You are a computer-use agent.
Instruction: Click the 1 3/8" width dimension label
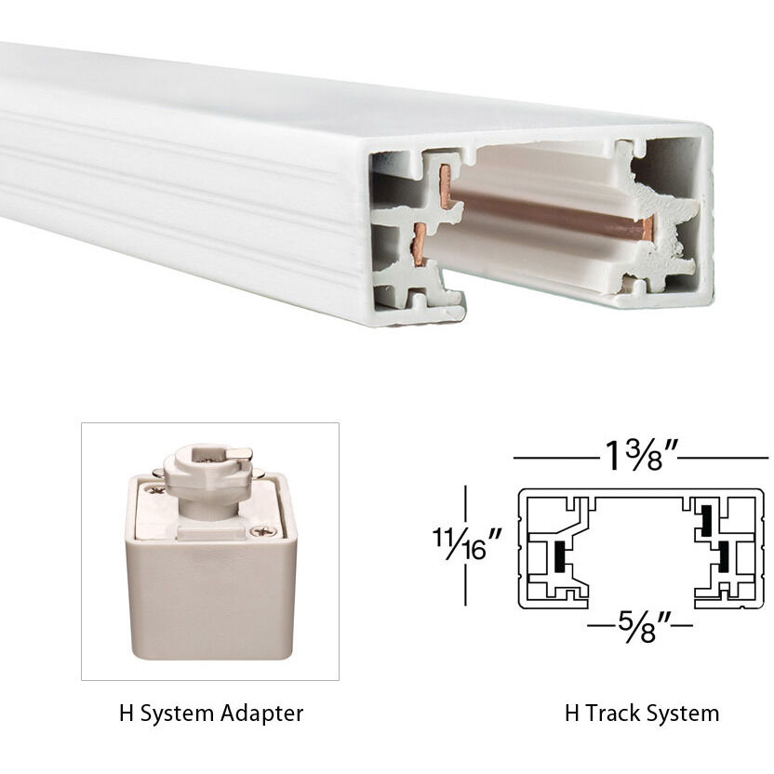(x=638, y=457)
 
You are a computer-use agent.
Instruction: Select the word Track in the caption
(x=607, y=714)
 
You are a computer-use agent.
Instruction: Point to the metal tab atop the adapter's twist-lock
(x=237, y=453)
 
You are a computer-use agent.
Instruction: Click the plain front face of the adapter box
(x=210, y=595)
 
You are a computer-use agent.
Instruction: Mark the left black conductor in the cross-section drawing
(x=558, y=556)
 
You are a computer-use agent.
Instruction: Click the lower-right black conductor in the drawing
(x=721, y=556)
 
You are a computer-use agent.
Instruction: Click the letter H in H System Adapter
(x=126, y=714)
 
